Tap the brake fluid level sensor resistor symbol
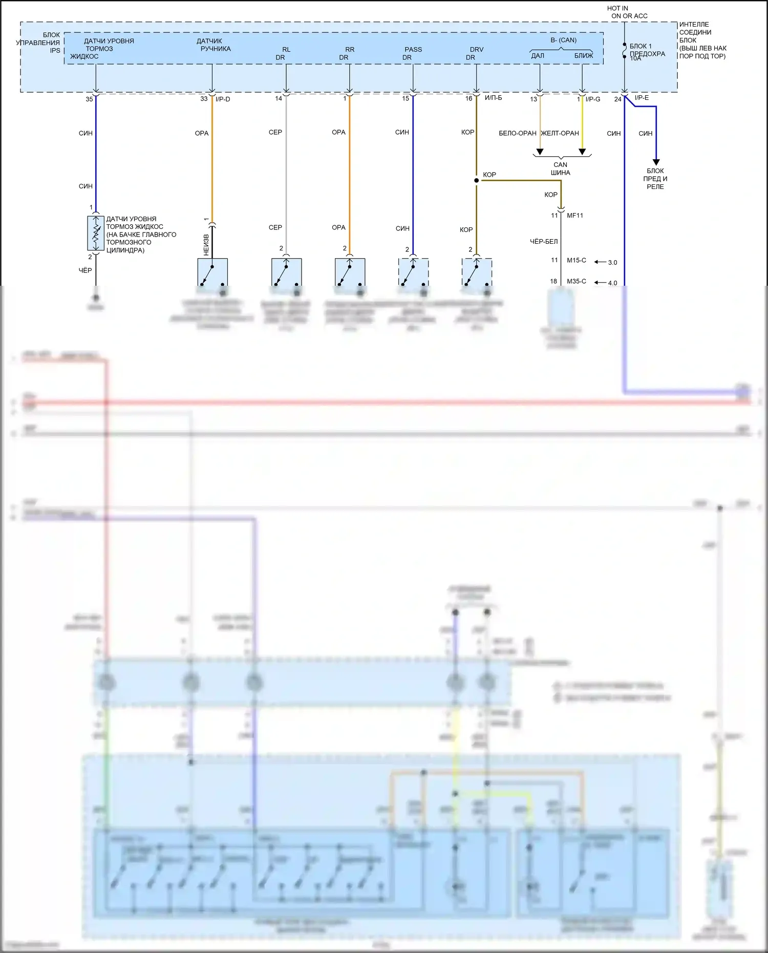point(96,233)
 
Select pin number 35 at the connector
point(89,99)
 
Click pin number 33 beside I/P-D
point(204,99)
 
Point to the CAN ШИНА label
point(561,168)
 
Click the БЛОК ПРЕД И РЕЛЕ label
point(655,179)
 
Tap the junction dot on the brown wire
point(477,180)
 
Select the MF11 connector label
point(575,216)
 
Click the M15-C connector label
point(577,260)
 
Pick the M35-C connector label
point(577,281)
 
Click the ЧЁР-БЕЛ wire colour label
point(544,241)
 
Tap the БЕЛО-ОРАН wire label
point(518,133)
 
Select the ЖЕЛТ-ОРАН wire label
point(560,133)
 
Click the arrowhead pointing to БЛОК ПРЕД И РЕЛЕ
point(656,161)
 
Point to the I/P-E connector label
point(642,98)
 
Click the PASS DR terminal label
point(413,53)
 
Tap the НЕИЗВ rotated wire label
point(206,245)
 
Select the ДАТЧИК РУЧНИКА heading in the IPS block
point(214,45)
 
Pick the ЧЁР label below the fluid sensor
point(86,270)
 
